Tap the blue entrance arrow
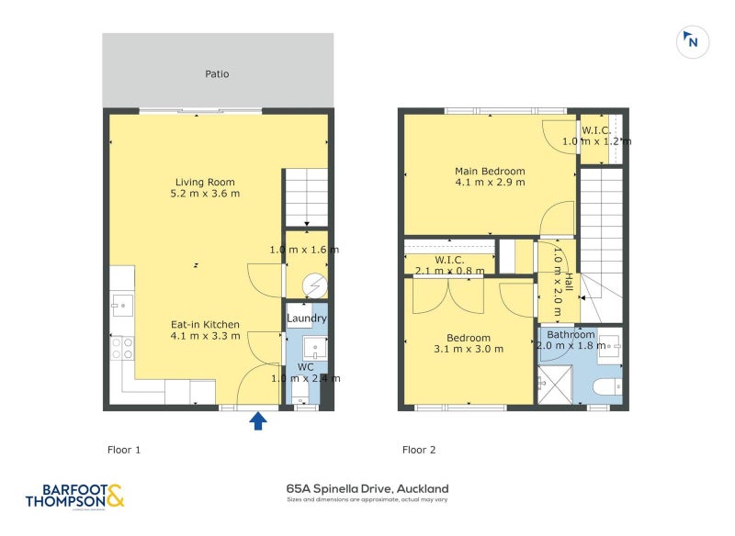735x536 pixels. point(259,420)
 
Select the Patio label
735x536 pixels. point(217,73)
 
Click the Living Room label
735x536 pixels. point(205,182)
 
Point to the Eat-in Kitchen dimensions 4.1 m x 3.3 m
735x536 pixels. point(205,336)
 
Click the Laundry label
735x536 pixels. point(306,318)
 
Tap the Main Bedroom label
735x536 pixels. point(490,171)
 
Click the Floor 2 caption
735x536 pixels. point(419,450)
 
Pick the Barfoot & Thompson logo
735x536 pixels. point(73,496)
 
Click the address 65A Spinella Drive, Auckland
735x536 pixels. point(367,489)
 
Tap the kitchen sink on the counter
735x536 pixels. point(122,307)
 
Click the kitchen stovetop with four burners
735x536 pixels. point(122,348)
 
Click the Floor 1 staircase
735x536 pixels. point(305,196)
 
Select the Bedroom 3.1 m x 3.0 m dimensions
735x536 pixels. point(469,349)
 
